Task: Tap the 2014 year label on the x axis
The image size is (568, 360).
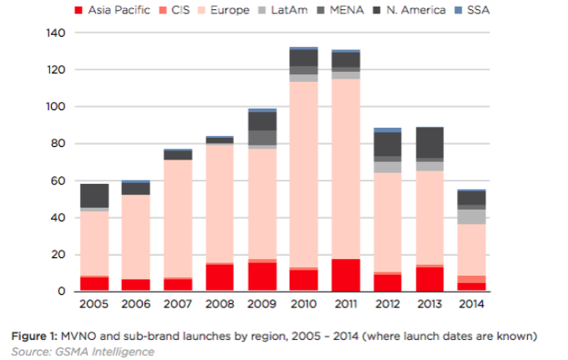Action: tap(474, 305)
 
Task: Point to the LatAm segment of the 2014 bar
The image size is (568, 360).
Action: tap(474, 216)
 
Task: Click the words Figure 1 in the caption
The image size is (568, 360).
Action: tap(31, 336)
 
